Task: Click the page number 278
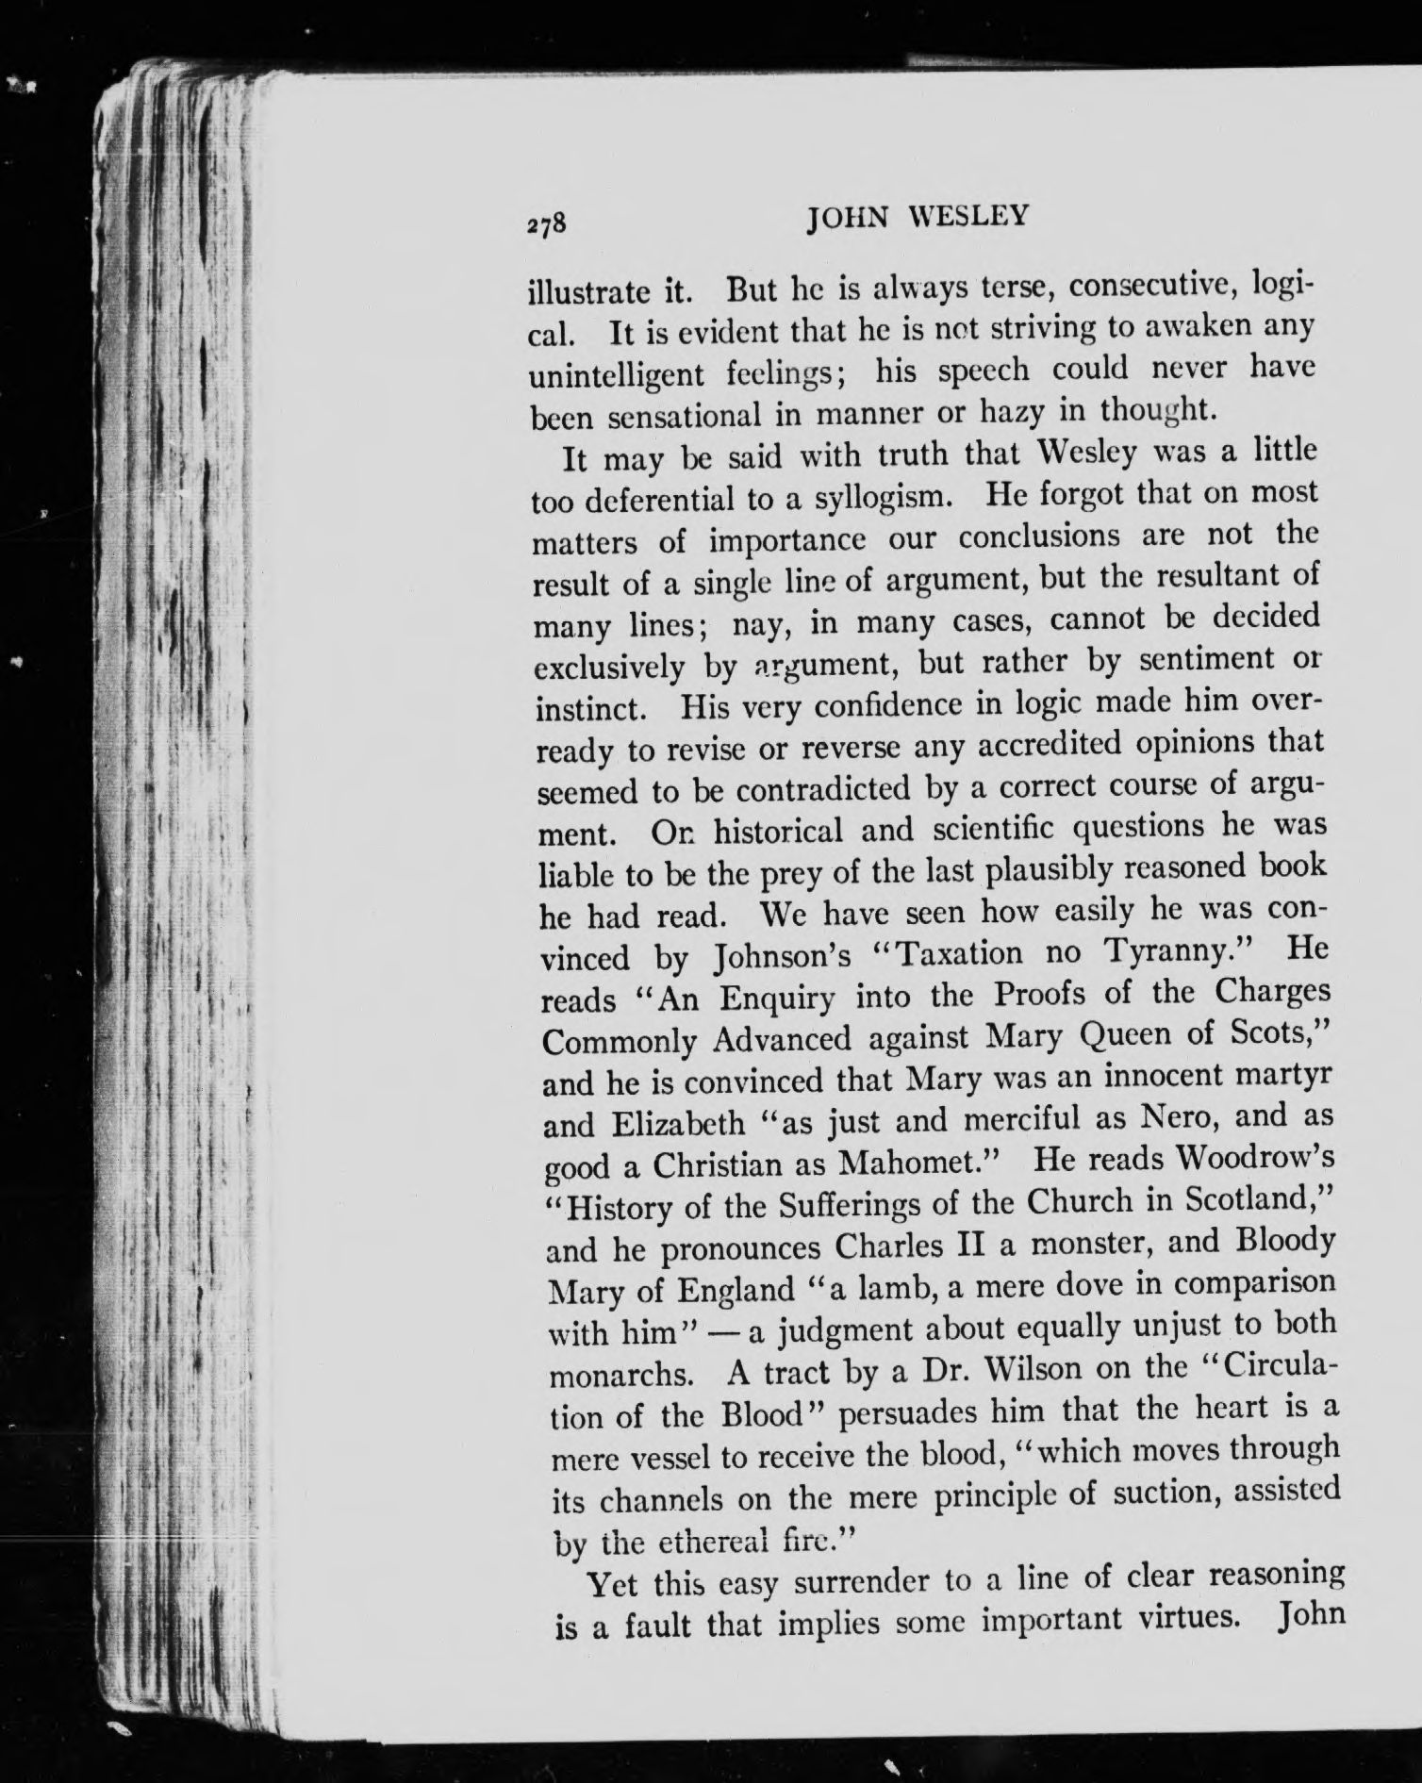click(x=545, y=223)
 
